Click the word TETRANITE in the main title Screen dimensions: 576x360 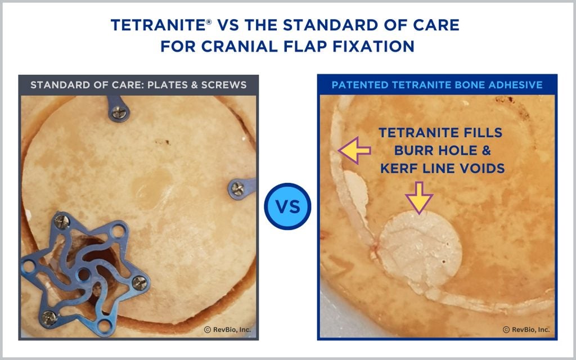[x=159, y=25]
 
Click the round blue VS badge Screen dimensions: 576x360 [x=287, y=206]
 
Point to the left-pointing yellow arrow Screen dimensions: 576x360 [x=354, y=150]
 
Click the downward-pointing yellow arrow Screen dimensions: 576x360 [x=419, y=197]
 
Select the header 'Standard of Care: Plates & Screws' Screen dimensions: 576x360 [x=138, y=85]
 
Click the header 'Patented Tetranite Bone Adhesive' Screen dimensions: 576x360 [x=437, y=85]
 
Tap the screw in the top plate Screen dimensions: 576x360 [x=119, y=112]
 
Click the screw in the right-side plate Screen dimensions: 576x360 [x=237, y=189]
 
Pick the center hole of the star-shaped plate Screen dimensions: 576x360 [x=84, y=274]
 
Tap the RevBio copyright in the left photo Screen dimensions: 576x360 [x=228, y=330]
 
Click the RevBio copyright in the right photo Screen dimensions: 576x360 [x=526, y=330]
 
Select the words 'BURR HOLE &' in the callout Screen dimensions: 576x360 [x=443, y=150]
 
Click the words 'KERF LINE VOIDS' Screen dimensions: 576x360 [x=443, y=168]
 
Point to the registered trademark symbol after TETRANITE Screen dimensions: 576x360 [x=209, y=21]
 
